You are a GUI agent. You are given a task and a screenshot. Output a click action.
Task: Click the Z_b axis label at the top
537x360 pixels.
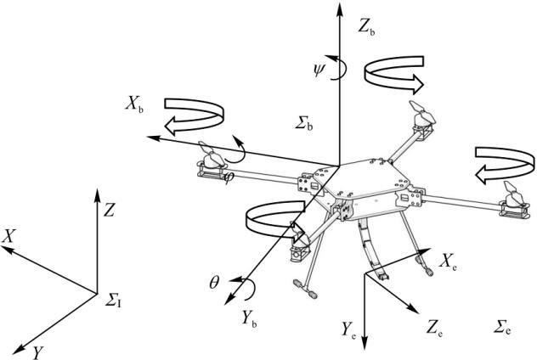point(366,27)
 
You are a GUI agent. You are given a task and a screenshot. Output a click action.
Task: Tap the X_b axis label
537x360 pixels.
point(134,104)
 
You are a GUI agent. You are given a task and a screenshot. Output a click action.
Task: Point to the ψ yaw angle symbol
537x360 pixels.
point(319,70)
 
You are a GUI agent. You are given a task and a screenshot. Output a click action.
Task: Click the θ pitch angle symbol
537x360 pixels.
point(214,284)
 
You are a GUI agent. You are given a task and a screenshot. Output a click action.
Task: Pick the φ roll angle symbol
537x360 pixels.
point(228,177)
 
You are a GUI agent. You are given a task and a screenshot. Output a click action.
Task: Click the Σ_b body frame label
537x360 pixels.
point(304,123)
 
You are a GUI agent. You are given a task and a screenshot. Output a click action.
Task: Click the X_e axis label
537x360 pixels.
point(448,262)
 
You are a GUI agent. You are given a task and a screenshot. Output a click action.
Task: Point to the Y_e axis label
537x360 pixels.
point(348,330)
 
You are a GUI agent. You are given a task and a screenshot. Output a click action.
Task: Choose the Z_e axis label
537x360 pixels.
point(434,328)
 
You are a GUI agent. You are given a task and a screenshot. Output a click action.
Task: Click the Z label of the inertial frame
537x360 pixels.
point(109,210)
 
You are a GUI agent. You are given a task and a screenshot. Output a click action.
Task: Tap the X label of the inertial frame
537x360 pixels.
point(8,236)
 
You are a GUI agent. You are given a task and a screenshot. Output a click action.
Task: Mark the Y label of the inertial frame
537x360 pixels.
point(38,352)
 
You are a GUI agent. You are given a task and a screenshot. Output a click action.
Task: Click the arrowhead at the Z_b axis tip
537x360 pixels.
point(339,10)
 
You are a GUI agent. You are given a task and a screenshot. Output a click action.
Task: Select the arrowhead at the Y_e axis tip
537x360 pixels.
point(365,344)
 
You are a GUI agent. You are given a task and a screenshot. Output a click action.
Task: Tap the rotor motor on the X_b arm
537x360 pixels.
point(211,160)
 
